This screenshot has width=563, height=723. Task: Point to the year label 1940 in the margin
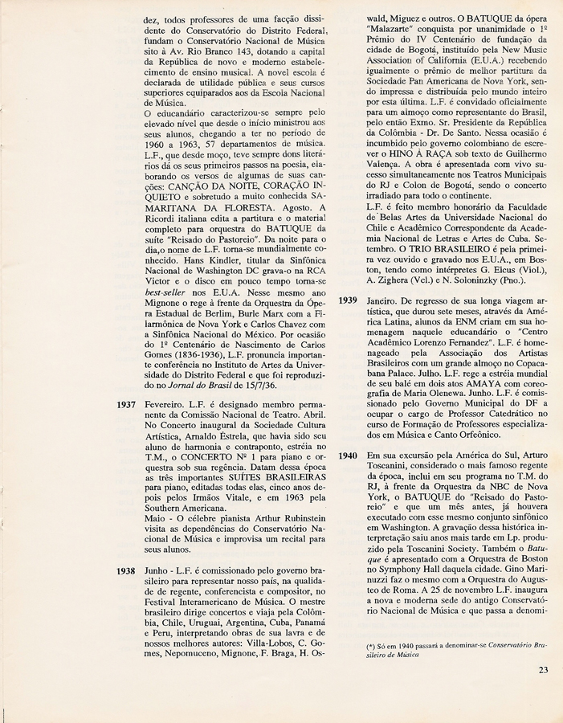point(347,455)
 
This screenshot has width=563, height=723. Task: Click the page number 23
point(544,670)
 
